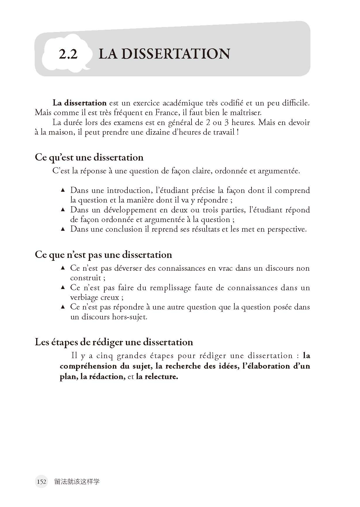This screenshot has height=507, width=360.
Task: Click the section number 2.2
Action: point(68,54)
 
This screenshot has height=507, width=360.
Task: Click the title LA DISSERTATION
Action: point(164,54)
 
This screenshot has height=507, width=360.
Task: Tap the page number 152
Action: point(41,482)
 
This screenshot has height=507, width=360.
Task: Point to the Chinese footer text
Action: point(77,482)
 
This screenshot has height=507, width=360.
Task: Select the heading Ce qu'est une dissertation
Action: point(89,157)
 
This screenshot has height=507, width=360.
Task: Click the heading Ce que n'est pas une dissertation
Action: point(103,255)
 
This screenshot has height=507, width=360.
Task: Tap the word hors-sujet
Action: point(130,317)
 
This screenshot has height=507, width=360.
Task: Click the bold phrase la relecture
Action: point(157,376)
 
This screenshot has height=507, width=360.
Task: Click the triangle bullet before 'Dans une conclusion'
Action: point(63,229)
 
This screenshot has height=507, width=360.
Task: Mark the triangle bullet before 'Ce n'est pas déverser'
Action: point(63,268)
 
